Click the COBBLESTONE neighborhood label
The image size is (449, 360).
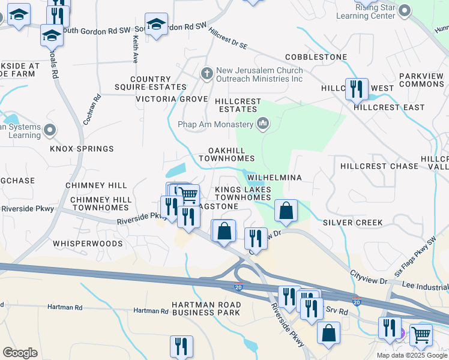pos(316,57)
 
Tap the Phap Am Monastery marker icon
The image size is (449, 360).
pos(262,124)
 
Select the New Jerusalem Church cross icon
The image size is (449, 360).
pos(206,73)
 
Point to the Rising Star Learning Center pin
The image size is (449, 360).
pos(404,10)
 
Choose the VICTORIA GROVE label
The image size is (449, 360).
pos(172,98)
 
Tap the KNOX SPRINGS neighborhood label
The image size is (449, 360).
pos(82,149)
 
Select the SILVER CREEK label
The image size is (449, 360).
pos(352,223)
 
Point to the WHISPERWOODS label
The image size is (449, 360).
pos(88,244)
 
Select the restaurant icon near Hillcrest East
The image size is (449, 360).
pos(357,89)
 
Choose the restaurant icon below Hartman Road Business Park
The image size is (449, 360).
pos(181,346)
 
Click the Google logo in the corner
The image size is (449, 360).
pos(20,353)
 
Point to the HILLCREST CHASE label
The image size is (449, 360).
pos(379,166)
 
